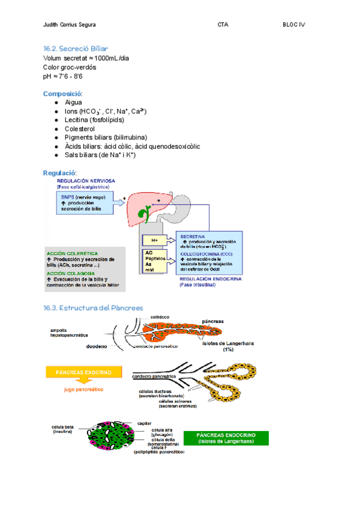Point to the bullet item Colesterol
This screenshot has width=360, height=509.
(79, 128)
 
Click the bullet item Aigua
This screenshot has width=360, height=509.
(73, 103)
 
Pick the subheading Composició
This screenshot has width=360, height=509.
(63, 94)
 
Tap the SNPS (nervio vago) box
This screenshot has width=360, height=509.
(85, 202)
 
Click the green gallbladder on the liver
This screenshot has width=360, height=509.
(144, 212)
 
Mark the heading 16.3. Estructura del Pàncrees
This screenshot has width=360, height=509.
(93, 308)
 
